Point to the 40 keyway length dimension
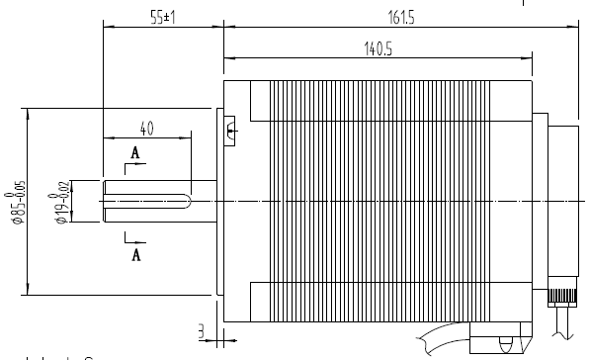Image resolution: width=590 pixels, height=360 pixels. (x=146, y=129)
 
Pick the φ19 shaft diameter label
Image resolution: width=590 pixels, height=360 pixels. (x=62, y=203)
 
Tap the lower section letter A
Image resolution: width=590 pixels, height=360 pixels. (x=135, y=254)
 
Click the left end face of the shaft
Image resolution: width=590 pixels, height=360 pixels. (x=103, y=202)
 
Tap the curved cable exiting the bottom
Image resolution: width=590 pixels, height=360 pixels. (x=435, y=341)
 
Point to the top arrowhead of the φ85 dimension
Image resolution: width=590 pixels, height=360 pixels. (x=27, y=112)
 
